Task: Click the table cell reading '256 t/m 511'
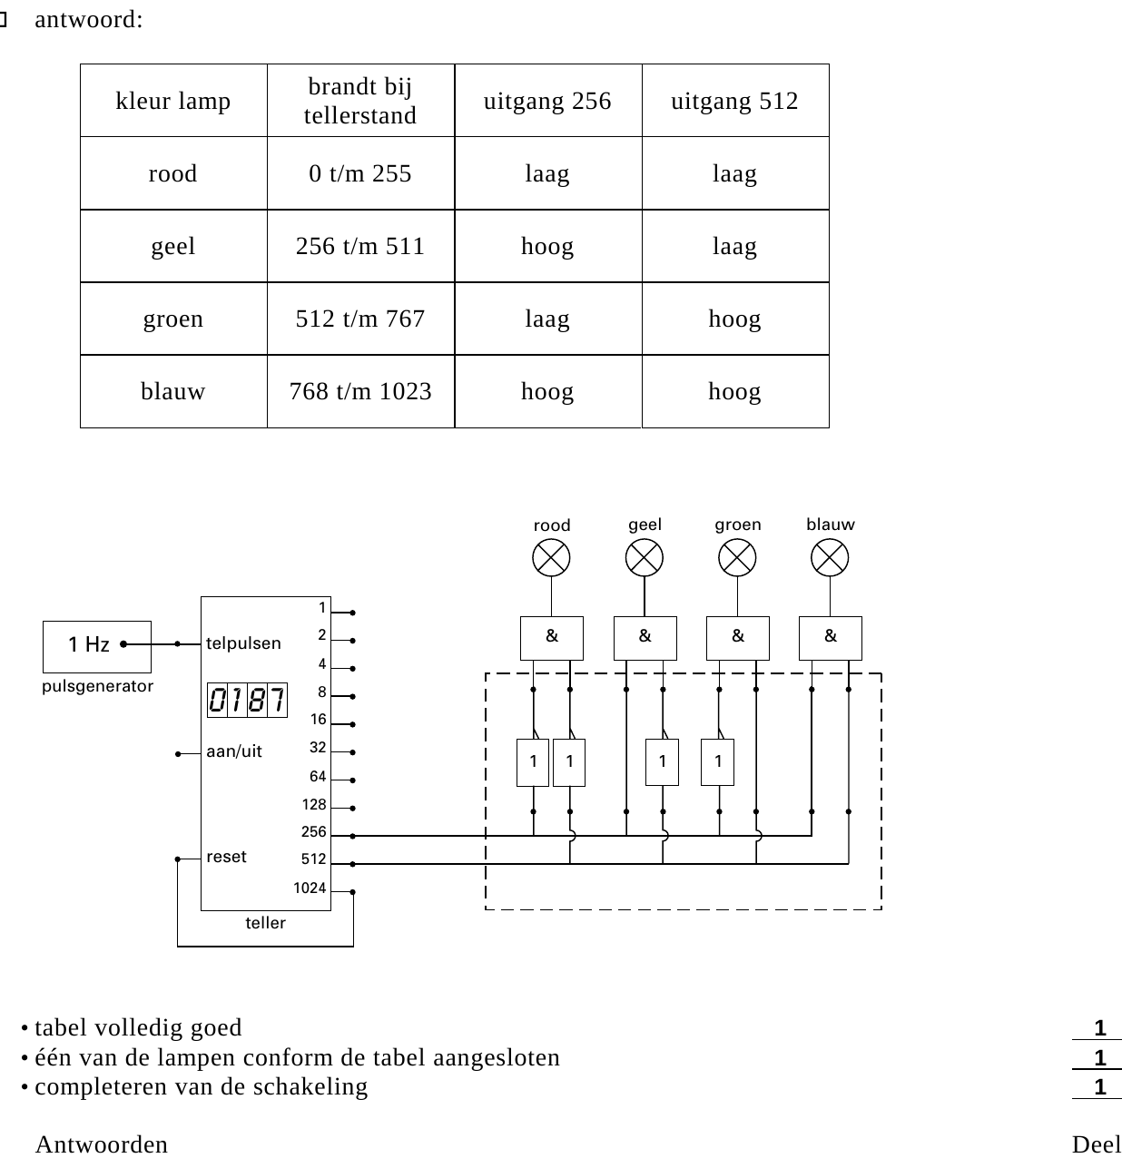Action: coord(360,246)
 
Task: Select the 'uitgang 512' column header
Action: coord(735,101)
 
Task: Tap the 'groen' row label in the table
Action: coord(173,319)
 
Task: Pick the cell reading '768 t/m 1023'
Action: coord(360,391)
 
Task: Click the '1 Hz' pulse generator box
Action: coord(97,646)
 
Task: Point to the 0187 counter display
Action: coord(247,700)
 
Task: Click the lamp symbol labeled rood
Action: coord(551,557)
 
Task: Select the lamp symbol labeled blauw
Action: coord(830,557)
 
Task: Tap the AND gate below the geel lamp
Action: coord(645,638)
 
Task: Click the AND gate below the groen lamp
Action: coord(738,638)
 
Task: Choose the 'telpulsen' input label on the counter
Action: coord(243,643)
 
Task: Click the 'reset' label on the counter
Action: coord(226,857)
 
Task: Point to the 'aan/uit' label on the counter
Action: coord(234,751)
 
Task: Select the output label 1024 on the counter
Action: coord(310,888)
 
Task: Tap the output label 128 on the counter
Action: coord(314,804)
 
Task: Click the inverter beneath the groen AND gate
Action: coord(717,762)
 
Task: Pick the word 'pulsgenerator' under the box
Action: coord(97,687)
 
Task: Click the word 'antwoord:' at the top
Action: coord(89,19)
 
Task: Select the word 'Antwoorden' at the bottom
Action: coord(102,1144)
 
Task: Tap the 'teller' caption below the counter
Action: coord(265,923)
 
